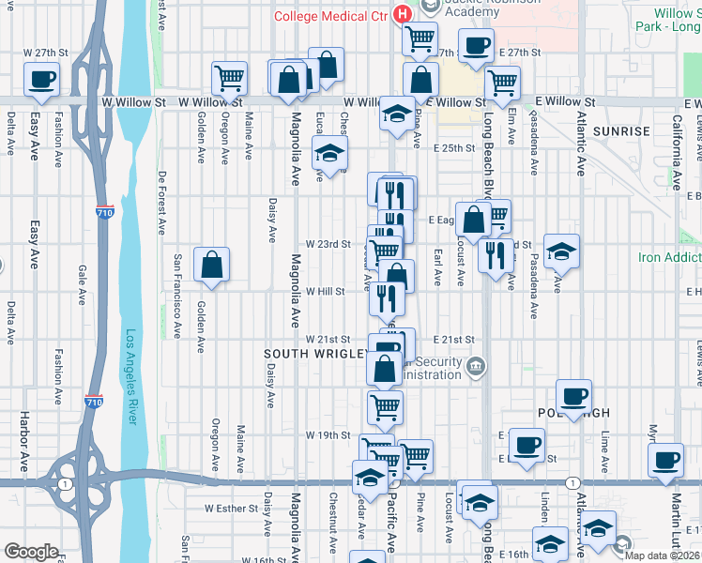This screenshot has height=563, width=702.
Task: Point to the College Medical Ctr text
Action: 331,15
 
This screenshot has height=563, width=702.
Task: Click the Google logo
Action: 31,552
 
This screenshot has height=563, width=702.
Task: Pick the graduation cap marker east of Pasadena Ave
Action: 561,251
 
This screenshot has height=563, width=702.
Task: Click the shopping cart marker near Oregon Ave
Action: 229,79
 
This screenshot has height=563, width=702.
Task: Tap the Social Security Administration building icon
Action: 476,364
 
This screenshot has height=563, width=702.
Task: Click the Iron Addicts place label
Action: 670,257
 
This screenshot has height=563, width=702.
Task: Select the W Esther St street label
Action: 231,509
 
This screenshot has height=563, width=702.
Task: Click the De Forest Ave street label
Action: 162,203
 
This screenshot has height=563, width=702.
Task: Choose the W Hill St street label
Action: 326,291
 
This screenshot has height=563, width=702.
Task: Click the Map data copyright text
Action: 664,555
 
